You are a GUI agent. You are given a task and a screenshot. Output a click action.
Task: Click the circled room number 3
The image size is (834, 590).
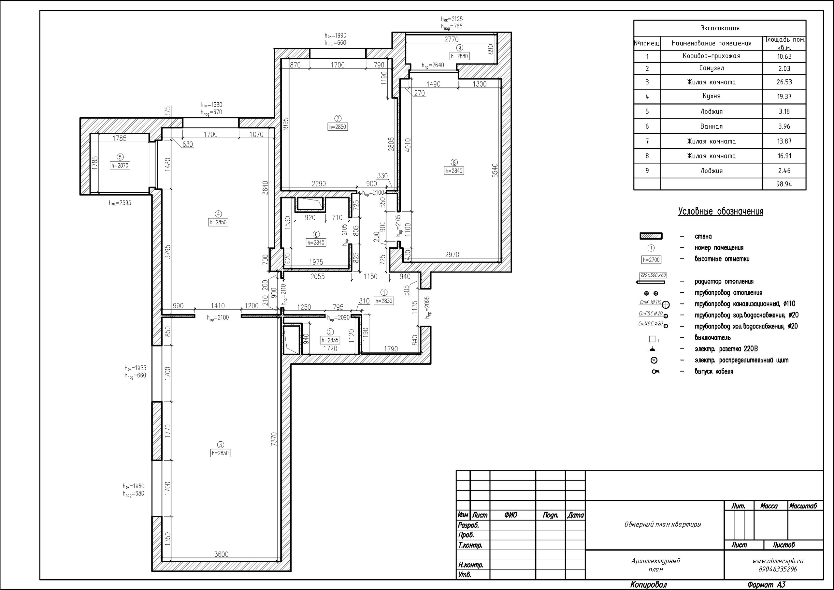tap(221, 445)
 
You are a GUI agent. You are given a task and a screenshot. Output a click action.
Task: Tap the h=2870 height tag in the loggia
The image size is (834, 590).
tap(120, 165)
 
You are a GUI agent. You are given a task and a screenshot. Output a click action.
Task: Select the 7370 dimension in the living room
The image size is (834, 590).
tap(274, 439)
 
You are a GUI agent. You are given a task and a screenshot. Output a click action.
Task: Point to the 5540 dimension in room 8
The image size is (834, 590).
tap(495, 171)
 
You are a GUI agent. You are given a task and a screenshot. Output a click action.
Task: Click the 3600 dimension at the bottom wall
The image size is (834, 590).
tap(221, 554)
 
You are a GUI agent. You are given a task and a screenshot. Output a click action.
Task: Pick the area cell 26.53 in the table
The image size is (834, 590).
tap(784, 82)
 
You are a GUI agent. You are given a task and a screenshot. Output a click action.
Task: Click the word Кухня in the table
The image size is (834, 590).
tap(711, 96)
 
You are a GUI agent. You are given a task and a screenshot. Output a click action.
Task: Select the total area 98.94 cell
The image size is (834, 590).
tap(784, 184)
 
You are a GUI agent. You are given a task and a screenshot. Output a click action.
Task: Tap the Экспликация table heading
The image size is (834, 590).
tap(720, 28)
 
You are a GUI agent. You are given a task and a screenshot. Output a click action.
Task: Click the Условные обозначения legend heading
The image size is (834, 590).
tap(720, 212)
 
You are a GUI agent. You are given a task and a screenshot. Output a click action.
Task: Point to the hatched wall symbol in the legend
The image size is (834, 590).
tap(651, 236)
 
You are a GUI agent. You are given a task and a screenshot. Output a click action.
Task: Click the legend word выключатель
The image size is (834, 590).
tap(713, 338)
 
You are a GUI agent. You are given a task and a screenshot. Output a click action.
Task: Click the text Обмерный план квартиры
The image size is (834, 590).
tap(663, 524)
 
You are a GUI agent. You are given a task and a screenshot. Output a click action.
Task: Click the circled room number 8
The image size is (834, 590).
tap(454, 163)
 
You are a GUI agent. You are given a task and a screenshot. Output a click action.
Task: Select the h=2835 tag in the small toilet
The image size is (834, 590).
tap(330, 340)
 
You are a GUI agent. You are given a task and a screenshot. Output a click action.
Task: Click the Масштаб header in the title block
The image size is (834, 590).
tap(803, 506)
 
